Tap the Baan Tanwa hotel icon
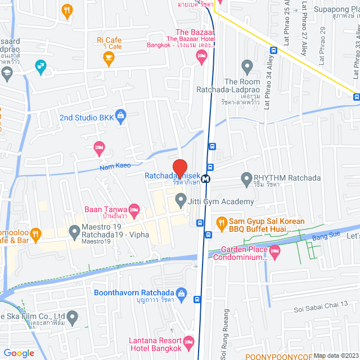(x=134, y=210)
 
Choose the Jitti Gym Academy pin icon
(x=181, y=199)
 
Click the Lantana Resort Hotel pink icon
(x=190, y=341)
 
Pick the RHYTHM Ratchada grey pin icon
(x=246, y=179)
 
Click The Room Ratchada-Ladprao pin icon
(x=246, y=65)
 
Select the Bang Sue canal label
(x=318, y=238)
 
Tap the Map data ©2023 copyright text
(x=335, y=355)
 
